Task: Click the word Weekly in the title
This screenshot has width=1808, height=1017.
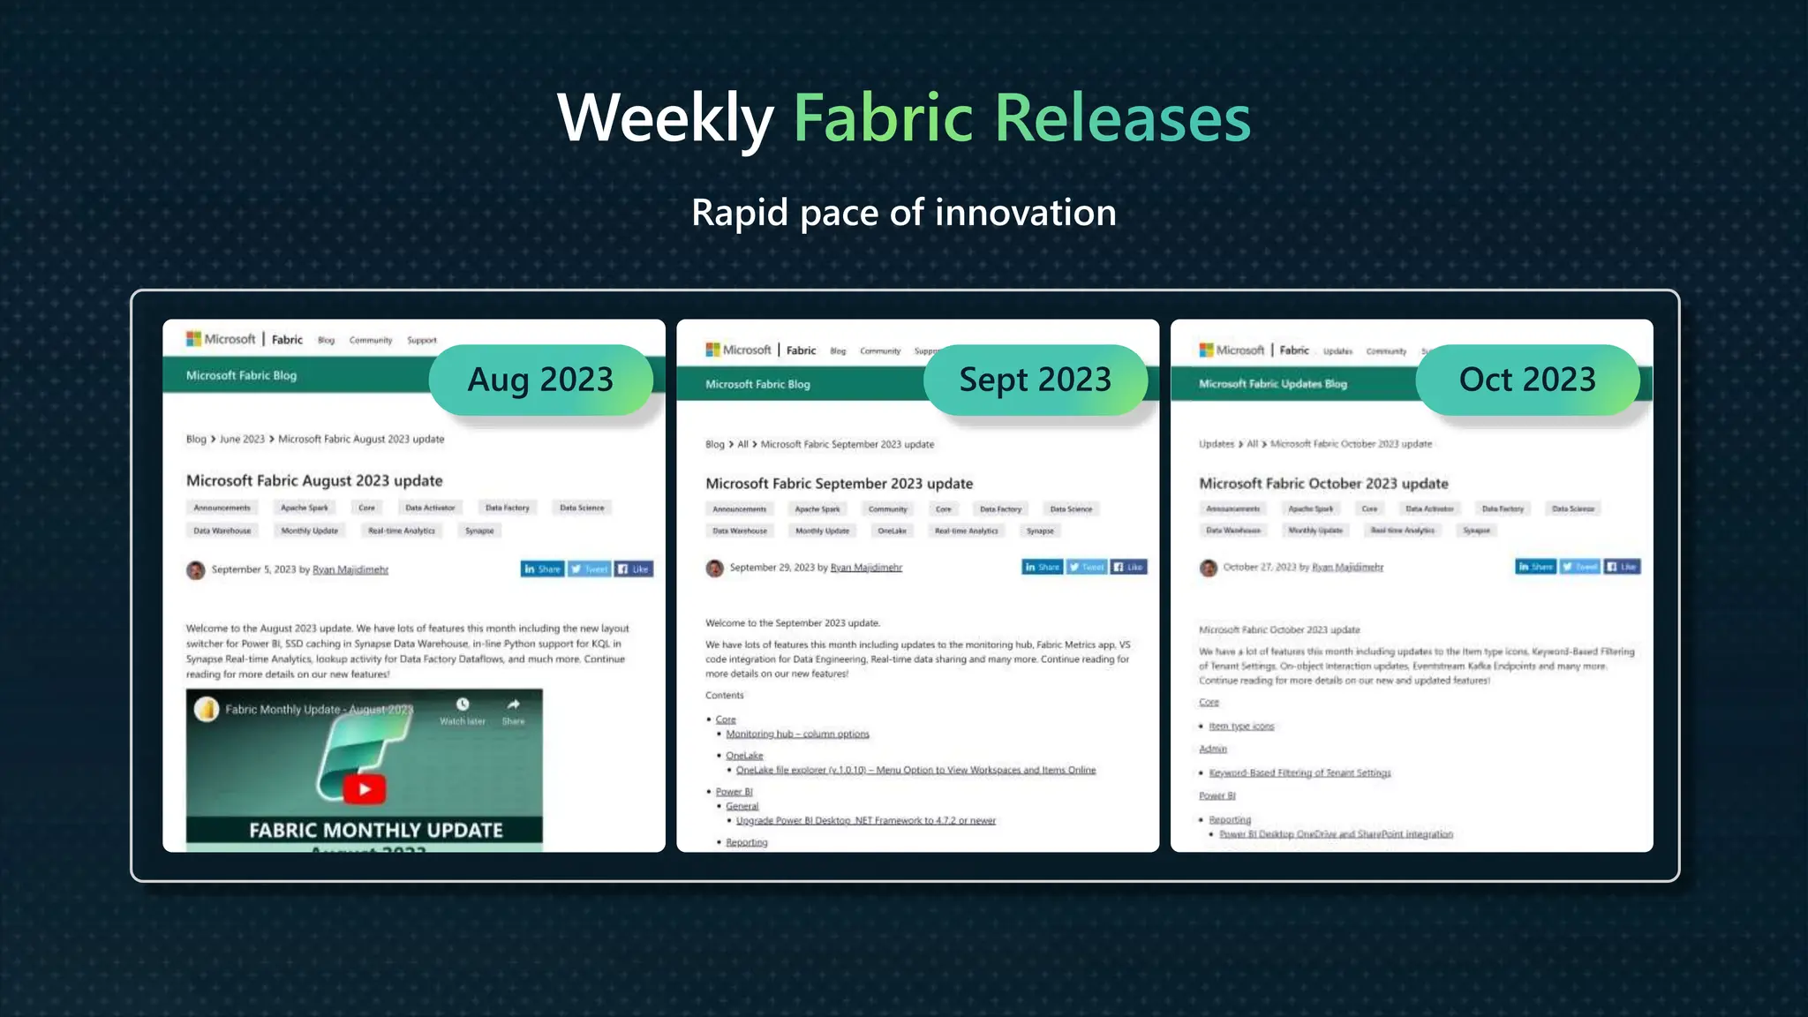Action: point(666,118)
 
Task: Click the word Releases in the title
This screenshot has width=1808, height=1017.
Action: point(1123,118)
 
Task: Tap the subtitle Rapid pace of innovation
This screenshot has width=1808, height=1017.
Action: point(903,213)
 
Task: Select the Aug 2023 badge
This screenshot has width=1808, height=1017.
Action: point(540,380)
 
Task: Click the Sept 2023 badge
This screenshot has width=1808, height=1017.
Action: point(1035,380)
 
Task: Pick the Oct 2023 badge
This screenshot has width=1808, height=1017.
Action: point(1527,380)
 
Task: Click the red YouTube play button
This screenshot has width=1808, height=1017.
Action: point(365,788)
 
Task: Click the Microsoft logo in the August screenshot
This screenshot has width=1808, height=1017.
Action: point(193,339)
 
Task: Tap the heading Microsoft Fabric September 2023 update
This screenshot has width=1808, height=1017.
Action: point(839,484)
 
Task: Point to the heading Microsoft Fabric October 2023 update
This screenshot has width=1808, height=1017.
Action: point(1323,484)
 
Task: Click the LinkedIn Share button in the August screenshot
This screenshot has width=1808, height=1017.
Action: point(542,569)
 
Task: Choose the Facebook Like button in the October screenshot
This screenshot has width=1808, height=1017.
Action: point(1622,567)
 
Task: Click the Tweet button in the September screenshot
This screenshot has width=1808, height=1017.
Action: point(1087,567)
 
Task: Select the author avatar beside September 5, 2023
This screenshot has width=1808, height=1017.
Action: point(195,570)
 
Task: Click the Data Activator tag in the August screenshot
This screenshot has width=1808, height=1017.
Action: point(430,508)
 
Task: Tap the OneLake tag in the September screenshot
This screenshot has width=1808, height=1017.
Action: point(892,531)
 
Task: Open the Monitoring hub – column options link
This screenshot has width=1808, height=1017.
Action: point(797,734)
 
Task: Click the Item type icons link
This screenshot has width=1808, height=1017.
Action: point(1241,726)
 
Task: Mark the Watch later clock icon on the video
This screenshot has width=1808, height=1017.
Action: point(463,704)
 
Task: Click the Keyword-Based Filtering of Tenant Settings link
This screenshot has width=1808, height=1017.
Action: point(1299,772)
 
